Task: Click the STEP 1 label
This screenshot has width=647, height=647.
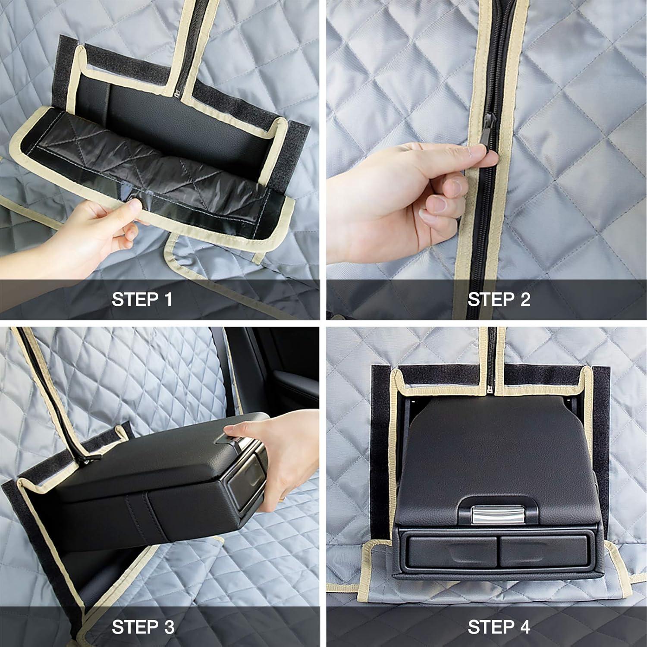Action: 142,299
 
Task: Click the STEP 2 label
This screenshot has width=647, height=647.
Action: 499,299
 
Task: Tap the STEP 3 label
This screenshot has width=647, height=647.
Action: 143,627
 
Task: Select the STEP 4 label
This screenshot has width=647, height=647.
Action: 499,627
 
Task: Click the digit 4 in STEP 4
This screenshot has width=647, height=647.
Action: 524,627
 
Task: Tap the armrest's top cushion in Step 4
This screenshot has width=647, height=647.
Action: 487,453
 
